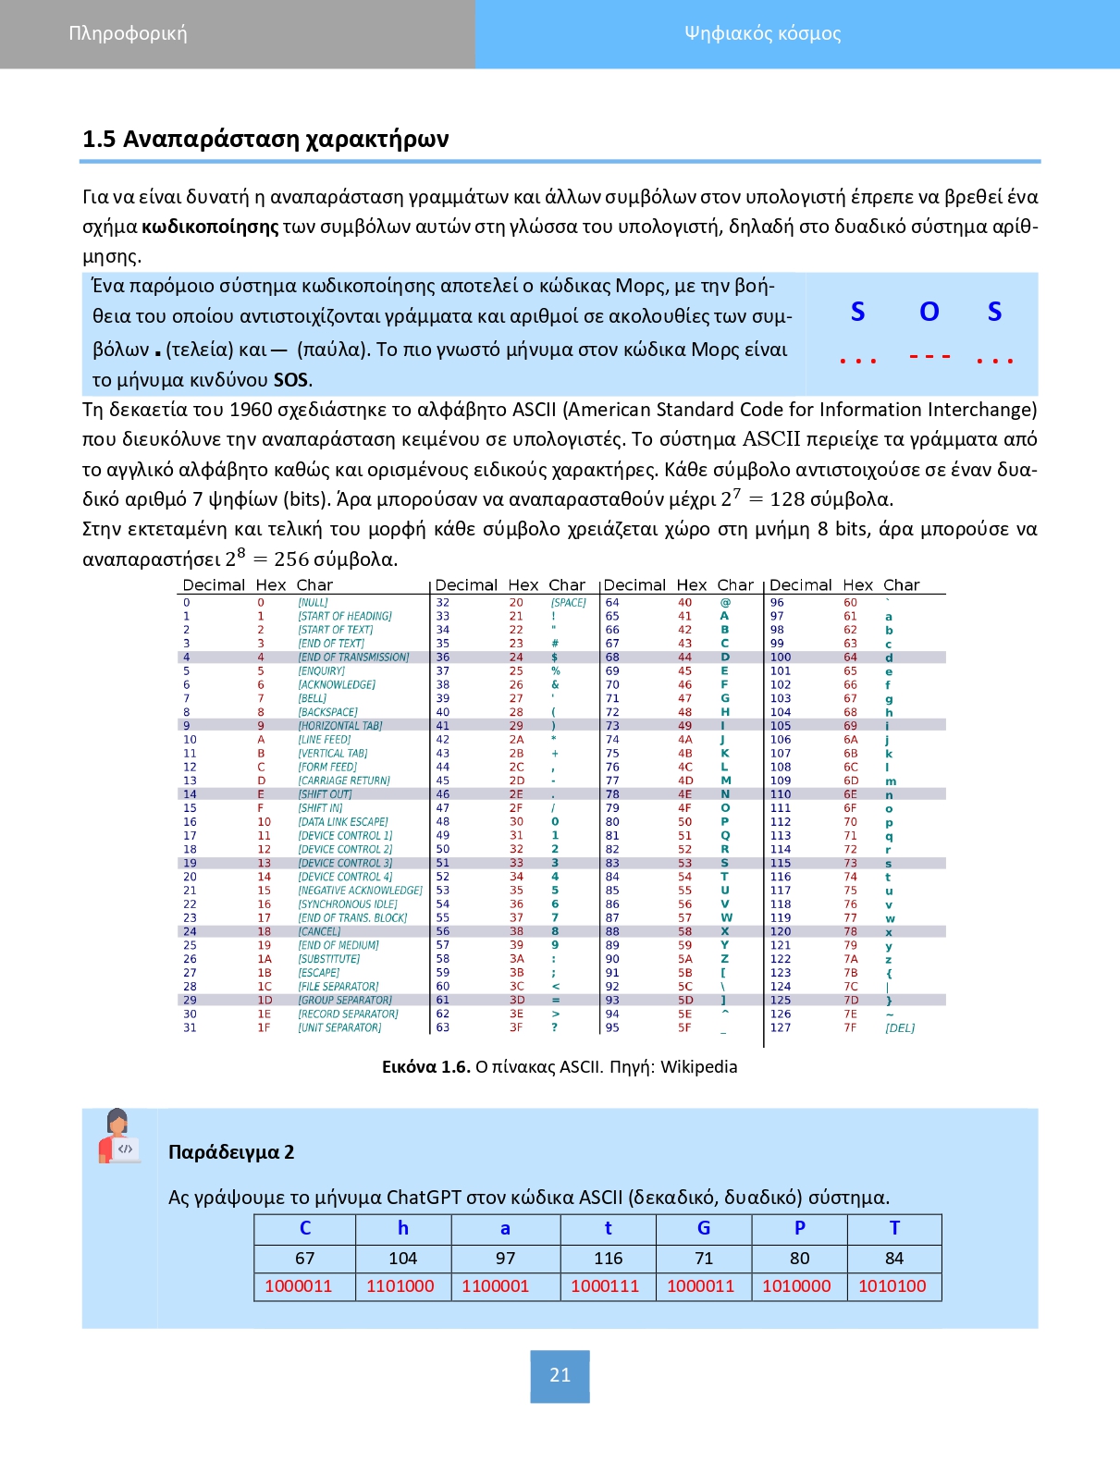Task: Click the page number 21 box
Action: point(560,1375)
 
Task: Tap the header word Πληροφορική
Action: point(128,33)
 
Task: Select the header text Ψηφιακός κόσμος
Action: point(762,33)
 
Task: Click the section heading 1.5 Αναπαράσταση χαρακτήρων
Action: point(265,140)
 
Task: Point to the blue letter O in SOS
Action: point(929,312)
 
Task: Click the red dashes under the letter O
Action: point(929,357)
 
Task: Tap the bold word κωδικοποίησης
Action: point(210,227)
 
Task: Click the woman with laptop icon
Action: point(118,1137)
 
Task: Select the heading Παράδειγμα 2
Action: point(231,1152)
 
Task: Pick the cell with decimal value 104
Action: point(402,1259)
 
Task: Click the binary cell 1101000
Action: point(400,1286)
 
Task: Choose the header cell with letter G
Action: point(704,1228)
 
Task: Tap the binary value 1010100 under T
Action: point(892,1286)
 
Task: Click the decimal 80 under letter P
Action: point(799,1259)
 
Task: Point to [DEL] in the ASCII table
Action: point(900,1028)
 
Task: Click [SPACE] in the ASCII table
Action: point(569,603)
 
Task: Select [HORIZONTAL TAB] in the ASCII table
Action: point(339,726)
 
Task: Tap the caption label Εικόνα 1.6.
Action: point(426,1067)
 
